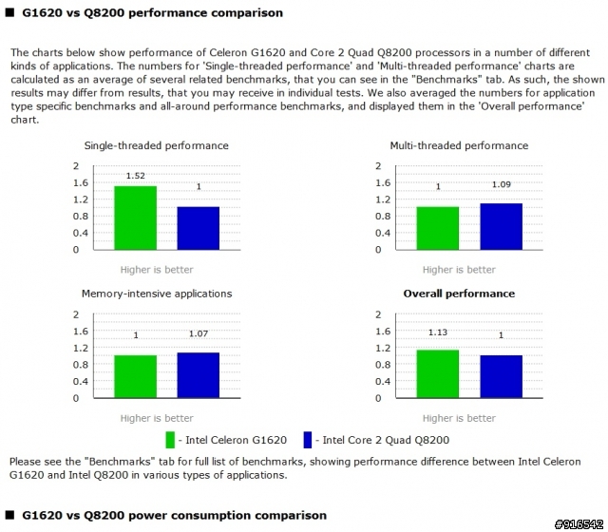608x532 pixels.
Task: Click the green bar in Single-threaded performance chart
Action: point(135,218)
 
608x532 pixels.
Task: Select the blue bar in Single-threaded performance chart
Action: point(198,228)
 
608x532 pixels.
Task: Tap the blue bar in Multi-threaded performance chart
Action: point(501,226)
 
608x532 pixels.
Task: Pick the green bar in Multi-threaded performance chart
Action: point(438,228)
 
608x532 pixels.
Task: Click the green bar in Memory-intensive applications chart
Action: point(135,376)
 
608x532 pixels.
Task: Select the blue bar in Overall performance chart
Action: point(501,376)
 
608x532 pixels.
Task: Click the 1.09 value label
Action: point(501,184)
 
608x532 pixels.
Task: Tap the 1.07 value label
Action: point(198,334)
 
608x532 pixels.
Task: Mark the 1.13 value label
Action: point(438,332)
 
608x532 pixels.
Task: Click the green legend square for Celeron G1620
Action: point(171,440)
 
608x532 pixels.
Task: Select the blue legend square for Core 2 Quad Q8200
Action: point(308,440)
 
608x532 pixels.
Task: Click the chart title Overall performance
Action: point(459,294)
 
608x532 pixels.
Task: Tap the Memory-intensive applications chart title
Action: point(157,294)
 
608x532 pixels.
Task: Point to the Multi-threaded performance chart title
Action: point(459,145)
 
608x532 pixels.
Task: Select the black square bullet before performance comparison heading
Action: point(9,13)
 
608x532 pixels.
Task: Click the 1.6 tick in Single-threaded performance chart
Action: point(83,182)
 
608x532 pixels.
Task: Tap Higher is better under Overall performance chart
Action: point(459,418)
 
